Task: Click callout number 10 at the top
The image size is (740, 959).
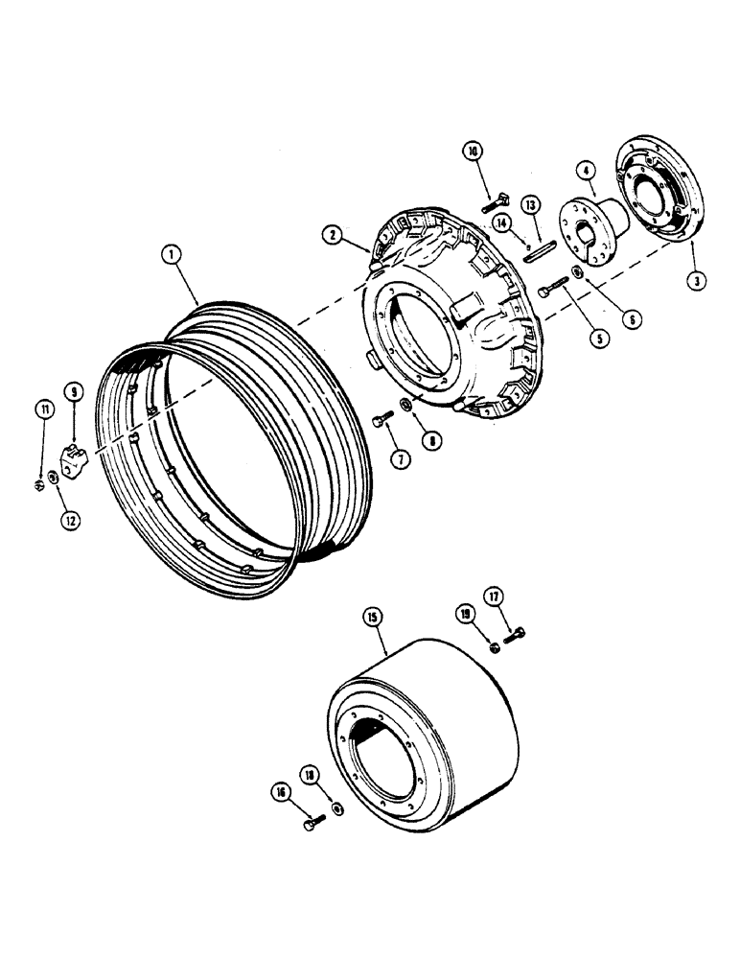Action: tap(473, 151)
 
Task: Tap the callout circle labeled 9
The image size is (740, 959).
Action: tap(72, 390)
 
